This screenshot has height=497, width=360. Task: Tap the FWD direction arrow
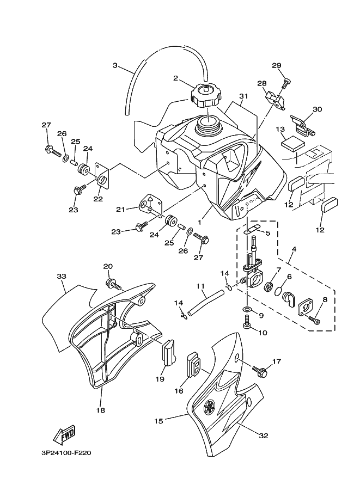64,434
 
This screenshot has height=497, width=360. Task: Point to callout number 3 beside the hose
115,65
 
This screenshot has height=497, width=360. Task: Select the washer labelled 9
247,309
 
